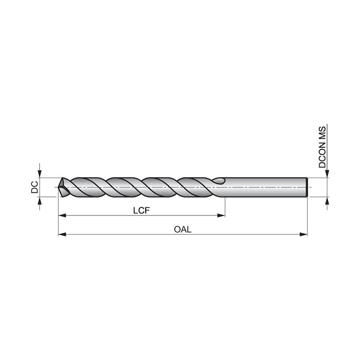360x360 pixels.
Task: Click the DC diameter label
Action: click(x=35, y=187)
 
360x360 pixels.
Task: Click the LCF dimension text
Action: click(x=141, y=211)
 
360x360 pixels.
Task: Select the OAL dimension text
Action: click(x=183, y=230)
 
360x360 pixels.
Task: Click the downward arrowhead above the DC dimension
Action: click(x=40, y=174)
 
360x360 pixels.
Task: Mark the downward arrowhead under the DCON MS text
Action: click(x=327, y=174)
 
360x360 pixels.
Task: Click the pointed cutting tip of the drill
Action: click(x=60, y=187)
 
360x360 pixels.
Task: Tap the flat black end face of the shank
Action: click(x=306, y=187)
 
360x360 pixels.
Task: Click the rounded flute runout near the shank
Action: click(x=219, y=181)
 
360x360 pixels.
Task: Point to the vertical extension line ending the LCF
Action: click(x=225, y=207)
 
